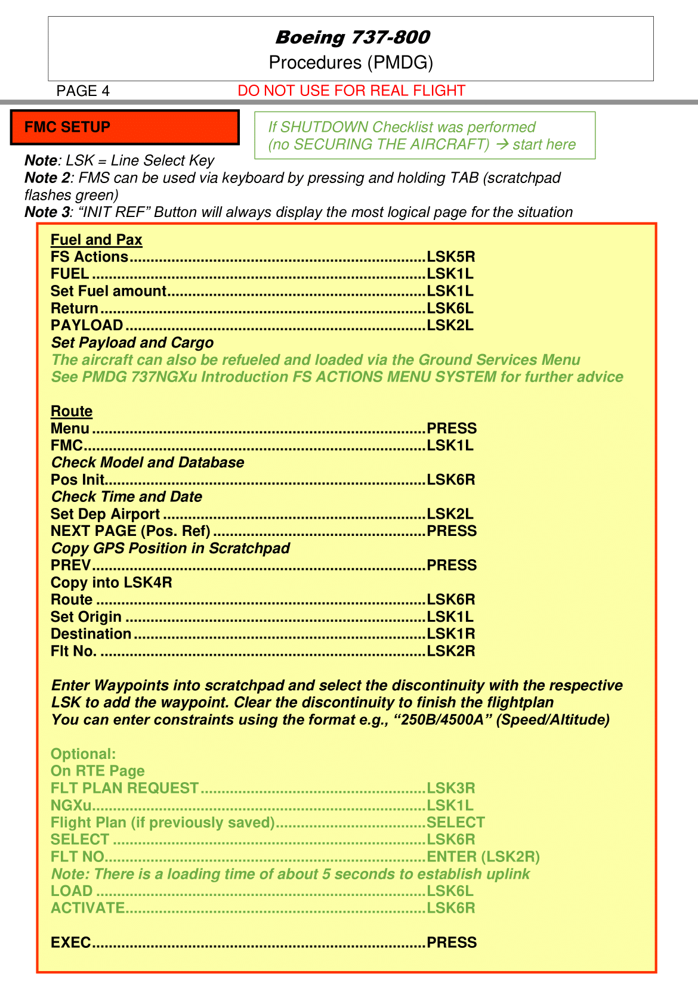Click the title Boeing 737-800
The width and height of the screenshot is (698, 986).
coord(352,38)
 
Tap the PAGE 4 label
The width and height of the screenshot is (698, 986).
coord(83,91)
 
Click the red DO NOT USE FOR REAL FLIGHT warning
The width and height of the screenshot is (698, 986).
coord(351,91)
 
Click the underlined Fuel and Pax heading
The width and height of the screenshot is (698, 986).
coord(96,240)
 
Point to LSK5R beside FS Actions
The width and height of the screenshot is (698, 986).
coord(450,257)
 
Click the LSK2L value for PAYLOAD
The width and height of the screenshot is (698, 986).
coord(450,325)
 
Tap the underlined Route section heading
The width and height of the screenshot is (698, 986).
coord(72,411)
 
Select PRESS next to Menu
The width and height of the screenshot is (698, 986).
coord(452,429)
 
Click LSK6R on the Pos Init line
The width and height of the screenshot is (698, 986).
coord(450,480)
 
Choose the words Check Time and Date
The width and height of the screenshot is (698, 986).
coord(126,497)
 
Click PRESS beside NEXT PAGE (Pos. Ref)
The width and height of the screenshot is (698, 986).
coord(452,531)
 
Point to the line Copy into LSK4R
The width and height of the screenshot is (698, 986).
coord(112,582)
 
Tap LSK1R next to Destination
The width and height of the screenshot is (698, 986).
coord(450,634)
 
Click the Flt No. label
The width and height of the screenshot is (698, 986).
coord(73,651)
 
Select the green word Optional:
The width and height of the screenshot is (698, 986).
coord(83,754)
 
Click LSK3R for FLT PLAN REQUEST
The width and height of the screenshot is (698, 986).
coord(450,788)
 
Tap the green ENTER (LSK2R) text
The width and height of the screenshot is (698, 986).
coord(483,857)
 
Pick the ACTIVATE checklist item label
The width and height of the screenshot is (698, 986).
coord(88,908)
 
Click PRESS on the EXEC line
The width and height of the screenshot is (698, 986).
coord(452,942)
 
